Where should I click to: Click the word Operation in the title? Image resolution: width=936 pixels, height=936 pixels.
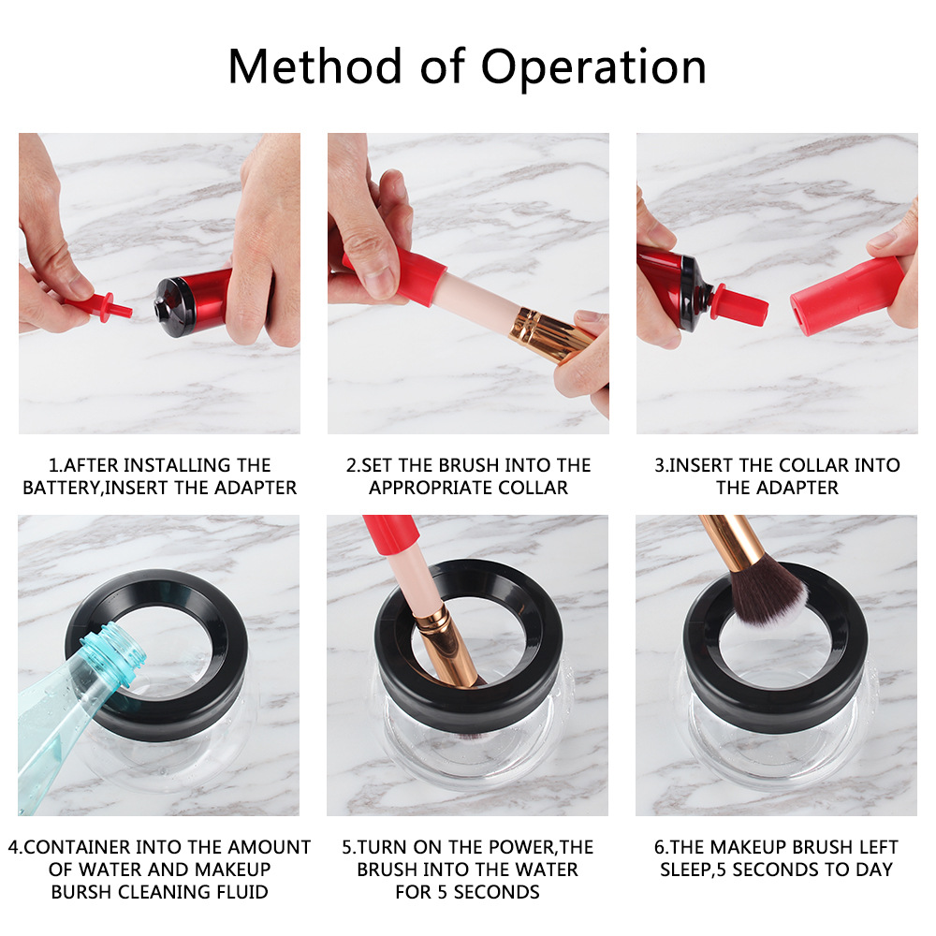click(x=593, y=67)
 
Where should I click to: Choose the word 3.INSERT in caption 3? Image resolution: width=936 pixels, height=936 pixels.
click(x=691, y=465)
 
